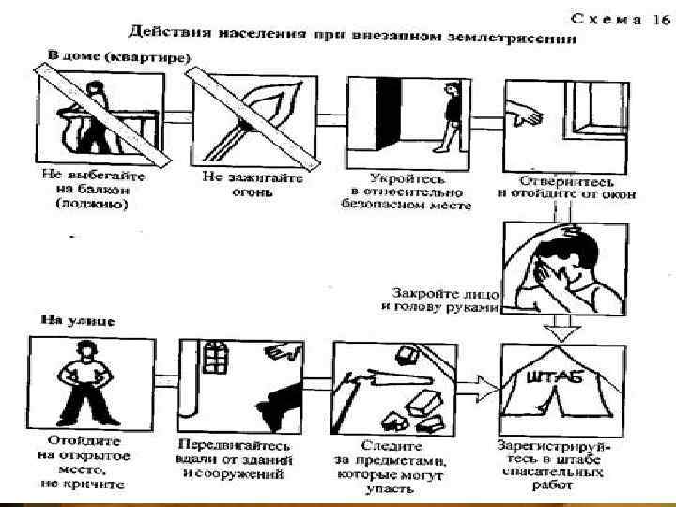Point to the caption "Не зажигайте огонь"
(x=238, y=184)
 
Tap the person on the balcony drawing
(x=93, y=117)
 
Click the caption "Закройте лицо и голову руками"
(x=442, y=300)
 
